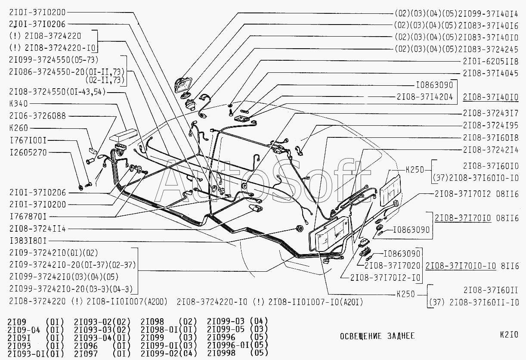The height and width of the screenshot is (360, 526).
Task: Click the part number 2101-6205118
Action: point(490,62)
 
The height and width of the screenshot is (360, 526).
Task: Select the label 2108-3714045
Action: point(490,74)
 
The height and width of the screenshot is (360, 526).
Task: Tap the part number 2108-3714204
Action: point(424,97)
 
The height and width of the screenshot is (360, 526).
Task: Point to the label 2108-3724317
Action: point(490,114)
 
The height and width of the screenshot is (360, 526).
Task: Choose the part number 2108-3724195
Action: point(490,125)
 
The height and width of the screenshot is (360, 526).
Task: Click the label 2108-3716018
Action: point(490,137)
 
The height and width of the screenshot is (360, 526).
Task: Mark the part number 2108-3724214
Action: point(490,149)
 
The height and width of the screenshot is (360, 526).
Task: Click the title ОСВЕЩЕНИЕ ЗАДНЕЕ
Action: point(377,336)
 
